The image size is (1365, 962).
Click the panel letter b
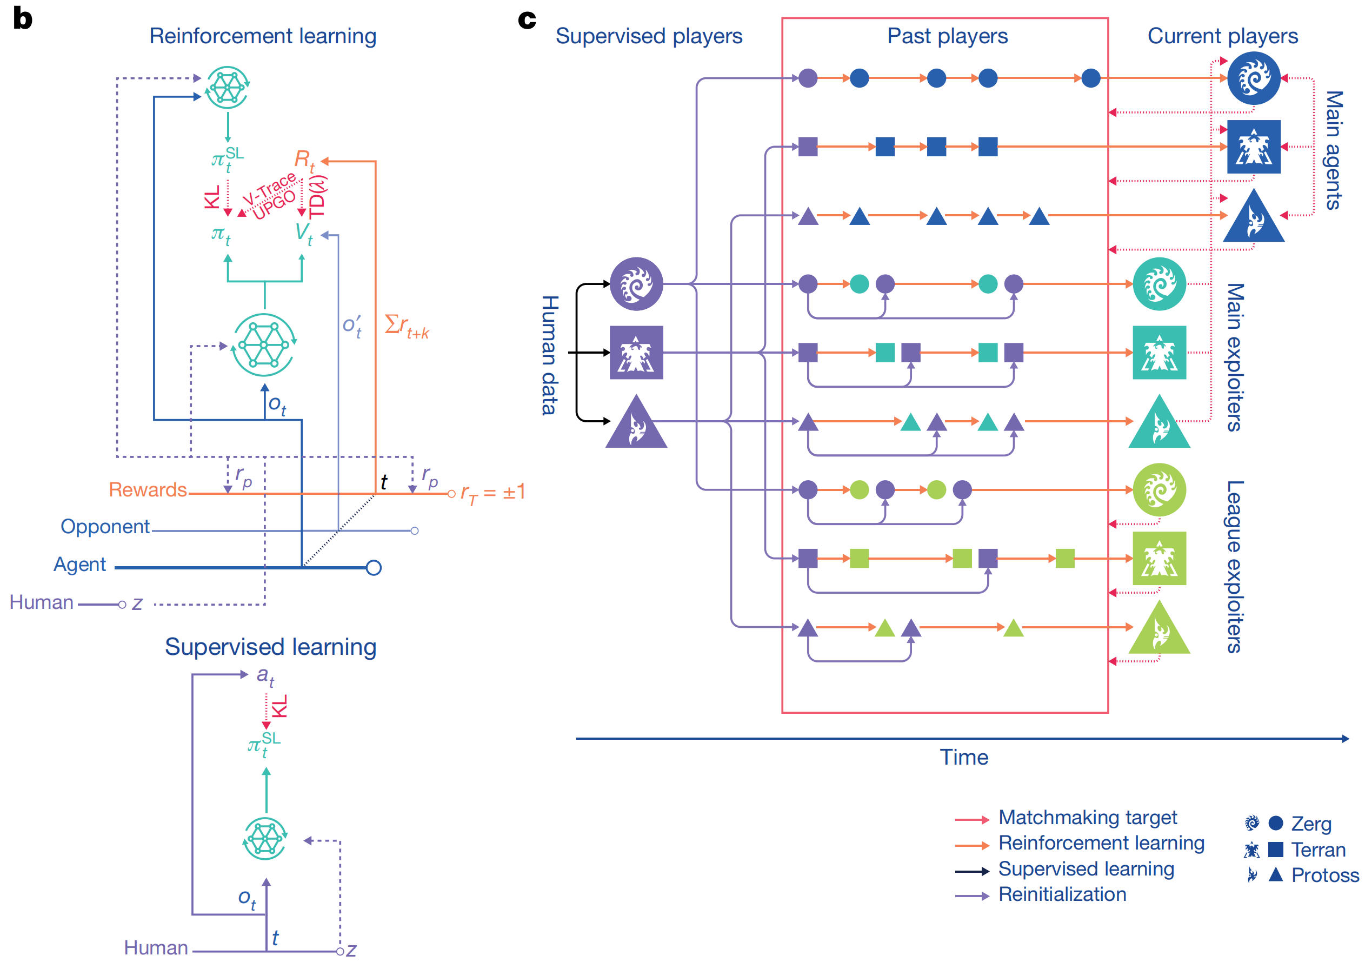pyautogui.click(x=22, y=18)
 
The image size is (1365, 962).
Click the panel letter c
pyautogui.click(x=527, y=20)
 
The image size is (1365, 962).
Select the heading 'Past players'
pyautogui.click(x=947, y=36)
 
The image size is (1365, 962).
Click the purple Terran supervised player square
pyautogui.click(x=636, y=353)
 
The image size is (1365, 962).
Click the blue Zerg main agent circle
pyautogui.click(x=1254, y=78)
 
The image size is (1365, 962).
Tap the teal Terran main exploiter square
pyautogui.click(x=1159, y=353)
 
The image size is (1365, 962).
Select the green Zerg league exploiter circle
pyautogui.click(x=1159, y=490)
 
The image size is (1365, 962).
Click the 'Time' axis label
pyautogui.click(x=964, y=758)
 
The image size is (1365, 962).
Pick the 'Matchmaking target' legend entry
pyautogui.click(x=1087, y=818)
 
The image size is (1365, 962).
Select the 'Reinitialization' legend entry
pyautogui.click(x=1062, y=894)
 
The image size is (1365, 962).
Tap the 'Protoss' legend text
pyautogui.click(x=1325, y=875)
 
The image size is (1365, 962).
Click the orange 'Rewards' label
pyautogui.click(x=148, y=490)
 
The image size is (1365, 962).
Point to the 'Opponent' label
pyautogui.click(x=105, y=527)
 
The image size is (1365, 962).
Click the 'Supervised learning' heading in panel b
pyautogui.click(x=270, y=647)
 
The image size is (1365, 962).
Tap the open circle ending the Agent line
pyautogui.click(x=374, y=568)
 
